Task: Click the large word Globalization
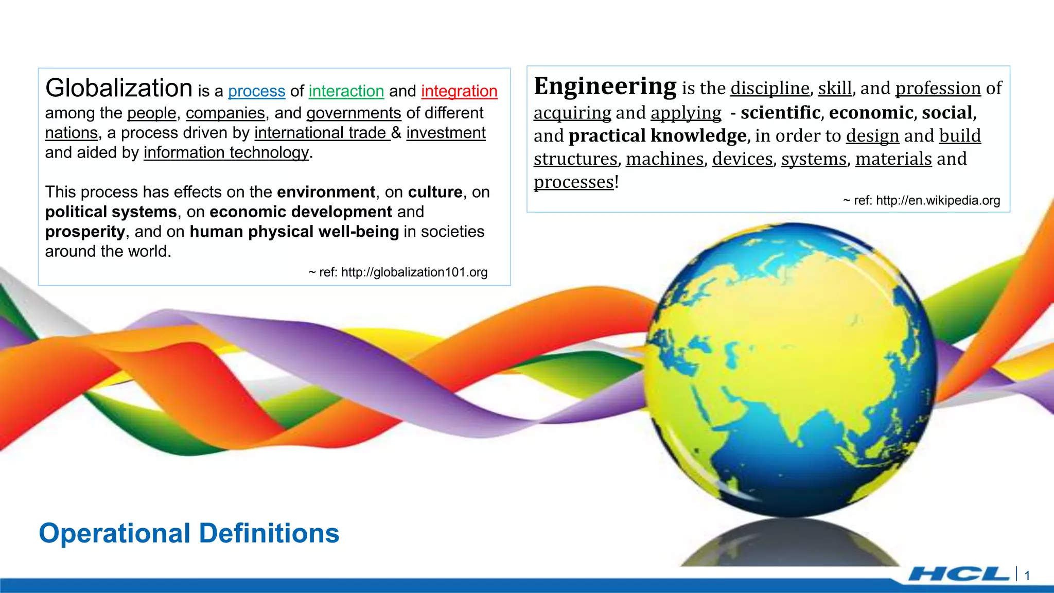(x=119, y=88)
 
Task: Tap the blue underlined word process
(x=256, y=91)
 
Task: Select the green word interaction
(x=346, y=91)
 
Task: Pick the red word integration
(x=459, y=91)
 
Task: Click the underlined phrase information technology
(x=226, y=153)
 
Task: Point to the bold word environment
(x=326, y=192)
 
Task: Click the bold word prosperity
(x=85, y=232)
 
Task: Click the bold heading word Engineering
(x=605, y=86)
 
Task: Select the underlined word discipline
(x=770, y=88)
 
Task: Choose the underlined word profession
(x=938, y=88)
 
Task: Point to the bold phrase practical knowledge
(x=657, y=136)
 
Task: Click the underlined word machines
(x=664, y=159)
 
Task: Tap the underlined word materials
(x=893, y=159)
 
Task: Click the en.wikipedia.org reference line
(x=921, y=201)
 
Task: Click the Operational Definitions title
(x=189, y=533)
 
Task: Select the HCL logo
(x=958, y=574)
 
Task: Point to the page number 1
(x=1027, y=576)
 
